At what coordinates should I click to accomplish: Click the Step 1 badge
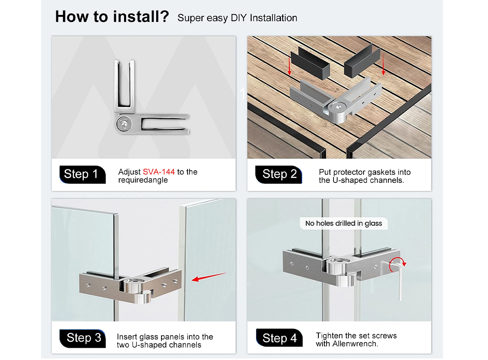pos(82,174)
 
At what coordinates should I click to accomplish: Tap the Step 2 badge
pos(278,174)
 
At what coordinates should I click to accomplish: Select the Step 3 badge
pos(82,338)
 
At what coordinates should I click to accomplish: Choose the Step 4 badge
pos(279,338)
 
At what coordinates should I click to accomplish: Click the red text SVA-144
pos(159,172)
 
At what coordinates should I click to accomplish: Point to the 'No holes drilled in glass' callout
pos(344,223)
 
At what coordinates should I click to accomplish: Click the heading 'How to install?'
pos(112,17)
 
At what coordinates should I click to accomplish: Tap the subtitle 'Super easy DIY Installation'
pos(237,18)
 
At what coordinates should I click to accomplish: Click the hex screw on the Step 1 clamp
pos(124,124)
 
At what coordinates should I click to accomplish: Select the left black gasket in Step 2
pos(310,63)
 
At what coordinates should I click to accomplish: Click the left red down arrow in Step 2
pos(290,65)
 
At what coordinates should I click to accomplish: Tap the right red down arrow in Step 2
pos(383,65)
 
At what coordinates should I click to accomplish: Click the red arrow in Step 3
pos(209,277)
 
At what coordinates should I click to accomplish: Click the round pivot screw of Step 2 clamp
pos(338,108)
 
